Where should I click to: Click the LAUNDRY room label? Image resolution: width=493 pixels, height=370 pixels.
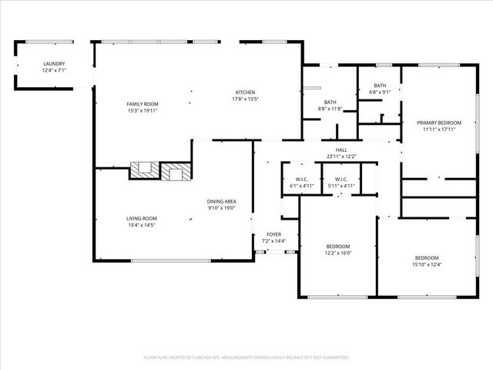pyautogui.click(x=54, y=64)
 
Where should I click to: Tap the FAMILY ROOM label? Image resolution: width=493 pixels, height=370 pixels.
pyautogui.click(x=143, y=103)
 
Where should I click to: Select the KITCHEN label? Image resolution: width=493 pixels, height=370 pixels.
pyautogui.click(x=245, y=92)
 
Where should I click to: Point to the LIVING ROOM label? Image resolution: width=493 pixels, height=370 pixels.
pyautogui.click(x=142, y=218)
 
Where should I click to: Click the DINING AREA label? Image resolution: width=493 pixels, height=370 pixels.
pyautogui.click(x=221, y=202)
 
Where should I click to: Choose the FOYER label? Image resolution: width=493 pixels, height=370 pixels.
pyautogui.click(x=273, y=234)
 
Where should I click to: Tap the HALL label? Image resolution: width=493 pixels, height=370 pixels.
pyautogui.click(x=340, y=150)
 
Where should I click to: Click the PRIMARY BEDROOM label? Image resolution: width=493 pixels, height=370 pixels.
pyautogui.click(x=439, y=123)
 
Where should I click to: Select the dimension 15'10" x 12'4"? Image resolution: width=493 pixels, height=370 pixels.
pyautogui.click(x=427, y=264)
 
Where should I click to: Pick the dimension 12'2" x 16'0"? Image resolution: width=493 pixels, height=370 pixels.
pyautogui.click(x=337, y=252)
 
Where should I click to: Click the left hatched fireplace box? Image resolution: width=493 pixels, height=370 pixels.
pyautogui.click(x=143, y=171)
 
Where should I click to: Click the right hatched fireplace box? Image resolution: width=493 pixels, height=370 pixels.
pyautogui.click(x=174, y=172)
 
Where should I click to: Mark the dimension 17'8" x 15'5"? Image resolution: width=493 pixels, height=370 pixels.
pyautogui.click(x=245, y=99)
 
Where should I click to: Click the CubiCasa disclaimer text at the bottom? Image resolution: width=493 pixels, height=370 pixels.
pyautogui.click(x=246, y=357)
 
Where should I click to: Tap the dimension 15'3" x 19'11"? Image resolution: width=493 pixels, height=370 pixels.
pyautogui.click(x=143, y=110)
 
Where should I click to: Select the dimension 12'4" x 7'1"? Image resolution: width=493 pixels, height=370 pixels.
pyautogui.click(x=54, y=70)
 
